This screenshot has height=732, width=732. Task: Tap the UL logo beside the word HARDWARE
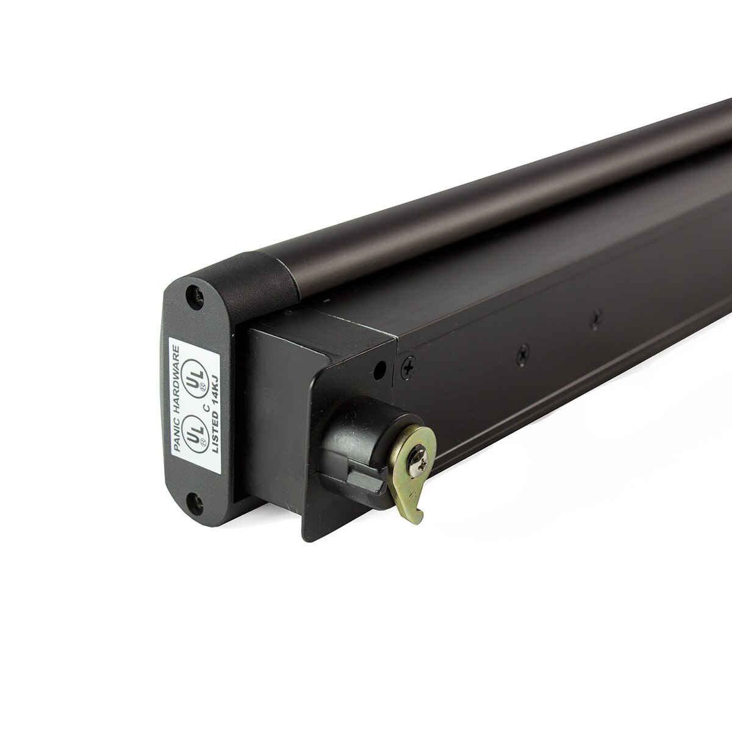194,374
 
